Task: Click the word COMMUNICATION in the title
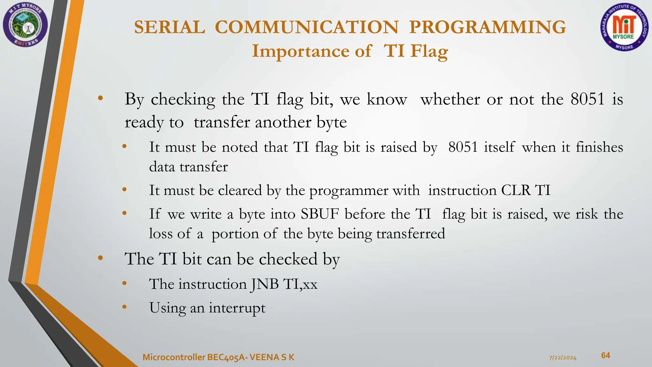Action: tap(307, 27)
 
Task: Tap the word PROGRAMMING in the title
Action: tap(487, 27)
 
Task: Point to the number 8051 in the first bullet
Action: tap(587, 99)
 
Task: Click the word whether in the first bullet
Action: tap(450, 99)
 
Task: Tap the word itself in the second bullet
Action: tap(499, 147)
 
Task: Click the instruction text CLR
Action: tap(515, 191)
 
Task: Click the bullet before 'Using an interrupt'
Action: tap(124, 307)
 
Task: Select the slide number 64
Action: tap(605, 356)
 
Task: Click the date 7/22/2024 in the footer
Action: tap(563, 358)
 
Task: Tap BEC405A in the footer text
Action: tap(227, 357)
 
